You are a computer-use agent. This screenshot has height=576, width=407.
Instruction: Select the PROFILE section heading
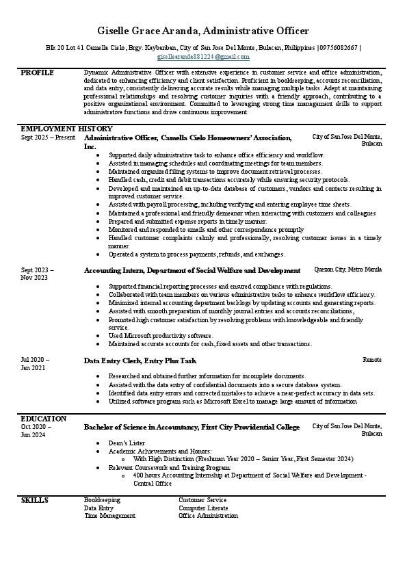(x=37, y=72)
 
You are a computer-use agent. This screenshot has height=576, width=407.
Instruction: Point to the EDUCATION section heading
(x=44, y=418)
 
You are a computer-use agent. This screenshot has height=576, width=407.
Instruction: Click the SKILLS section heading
(x=34, y=500)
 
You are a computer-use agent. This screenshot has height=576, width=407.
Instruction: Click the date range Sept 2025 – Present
(x=48, y=138)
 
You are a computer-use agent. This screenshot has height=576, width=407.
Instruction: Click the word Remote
(x=372, y=359)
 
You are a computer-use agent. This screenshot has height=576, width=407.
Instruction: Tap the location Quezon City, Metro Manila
(x=347, y=270)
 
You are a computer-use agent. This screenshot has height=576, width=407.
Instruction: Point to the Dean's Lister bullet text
(x=123, y=443)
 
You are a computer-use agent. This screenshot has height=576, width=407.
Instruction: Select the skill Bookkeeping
(x=102, y=500)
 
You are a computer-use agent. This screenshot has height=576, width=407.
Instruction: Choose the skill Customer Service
(x=202, y=500)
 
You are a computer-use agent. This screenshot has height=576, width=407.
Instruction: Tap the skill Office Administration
(x=208, y=516)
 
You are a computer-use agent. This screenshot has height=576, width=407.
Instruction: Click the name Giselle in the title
(x=117, y=31)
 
